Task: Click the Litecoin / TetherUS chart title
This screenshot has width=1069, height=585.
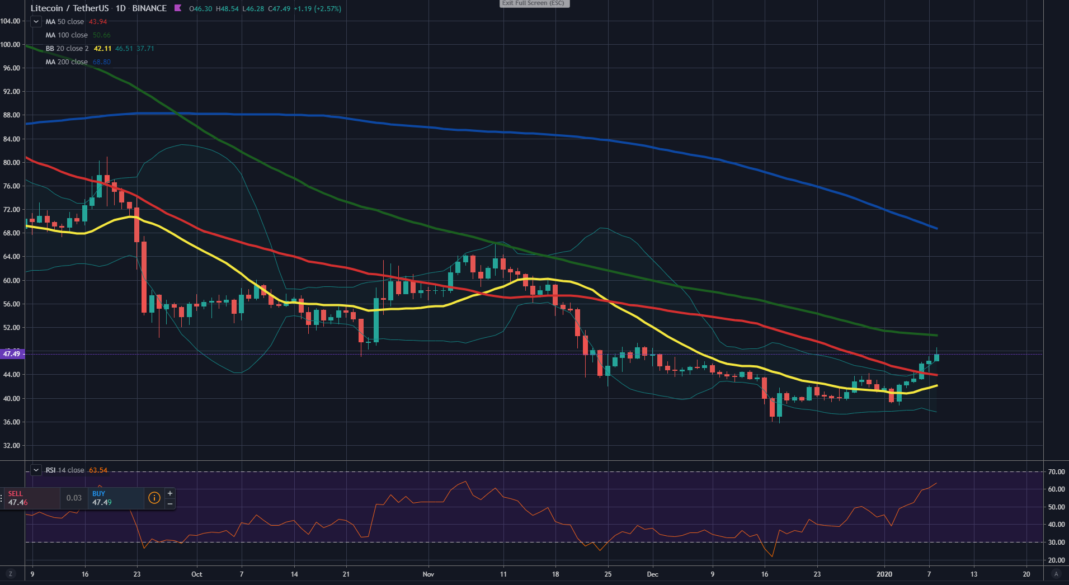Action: [x=70, y=8]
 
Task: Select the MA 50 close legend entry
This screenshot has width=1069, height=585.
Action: [x=64, y=22]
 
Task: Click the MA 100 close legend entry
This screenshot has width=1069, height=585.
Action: [x=66, y=35]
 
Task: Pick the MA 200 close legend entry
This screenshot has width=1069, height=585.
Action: [x=66, y=62]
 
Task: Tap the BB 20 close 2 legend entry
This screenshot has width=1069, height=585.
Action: [x=67, y=49]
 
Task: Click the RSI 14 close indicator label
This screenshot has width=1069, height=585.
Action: [x=64, y=470]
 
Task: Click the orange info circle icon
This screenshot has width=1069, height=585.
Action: [x=154, y=498]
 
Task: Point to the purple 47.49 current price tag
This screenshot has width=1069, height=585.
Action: [x=12, y=354]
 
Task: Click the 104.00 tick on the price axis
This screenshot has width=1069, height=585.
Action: [x=10, y=21]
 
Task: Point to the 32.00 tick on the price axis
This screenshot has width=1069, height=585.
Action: [x=11, y=446]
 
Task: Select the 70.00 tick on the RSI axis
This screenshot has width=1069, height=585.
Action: [x=1056, y=472]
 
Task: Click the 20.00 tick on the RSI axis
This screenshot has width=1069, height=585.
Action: [x=1056, y=560]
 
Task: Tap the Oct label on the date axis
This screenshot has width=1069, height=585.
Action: [x=196, y=574]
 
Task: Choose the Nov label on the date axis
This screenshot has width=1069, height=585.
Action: [x=428, y=574]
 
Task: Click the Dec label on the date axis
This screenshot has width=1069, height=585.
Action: [x=652, y=574]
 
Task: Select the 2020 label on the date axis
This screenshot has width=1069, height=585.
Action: [x=884, y=574]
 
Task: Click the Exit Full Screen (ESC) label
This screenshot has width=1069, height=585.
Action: [x=533, y=3]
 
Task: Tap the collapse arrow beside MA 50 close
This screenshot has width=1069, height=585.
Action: [x=36, y=22]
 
